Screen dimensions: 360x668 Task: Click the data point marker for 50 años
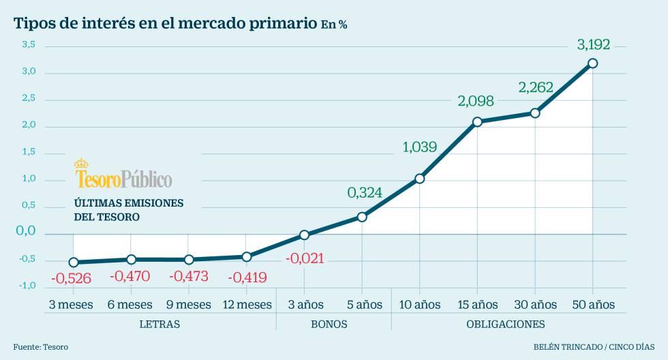(x=592, y=63)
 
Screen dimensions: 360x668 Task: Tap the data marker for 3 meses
(x=74, y=262)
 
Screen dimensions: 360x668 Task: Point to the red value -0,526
(x=71, y=278)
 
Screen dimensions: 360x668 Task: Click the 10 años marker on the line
(x=419, y=179)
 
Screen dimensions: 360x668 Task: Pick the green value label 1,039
(x=419, y=147)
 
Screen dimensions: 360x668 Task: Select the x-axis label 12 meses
(x=247, y=304)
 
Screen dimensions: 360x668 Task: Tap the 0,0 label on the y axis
(x=25, y=231)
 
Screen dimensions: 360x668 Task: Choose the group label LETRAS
(x=160, y=324)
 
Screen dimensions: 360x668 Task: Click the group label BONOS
(x=329, y=324)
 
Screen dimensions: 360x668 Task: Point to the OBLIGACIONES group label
(x=506, y=324)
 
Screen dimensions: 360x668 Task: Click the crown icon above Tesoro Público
(x=81, y=164)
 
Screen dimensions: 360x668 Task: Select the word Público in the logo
(x=147, y=179)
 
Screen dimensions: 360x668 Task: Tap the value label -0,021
(x=305, y=259)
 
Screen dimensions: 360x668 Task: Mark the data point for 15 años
(x=477, y=122)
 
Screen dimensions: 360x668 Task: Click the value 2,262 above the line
(x=536, y=88)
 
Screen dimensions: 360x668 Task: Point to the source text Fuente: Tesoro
(x=40, y=347)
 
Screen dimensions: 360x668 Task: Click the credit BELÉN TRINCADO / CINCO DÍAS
(x=594, y=347)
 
